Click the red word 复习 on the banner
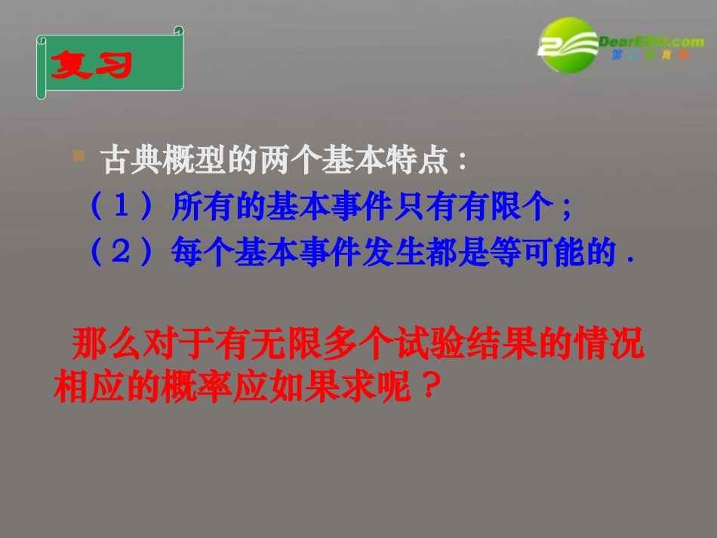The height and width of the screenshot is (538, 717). [x=91, y=66]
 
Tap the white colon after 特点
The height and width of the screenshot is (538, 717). [x=462, y=161]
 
